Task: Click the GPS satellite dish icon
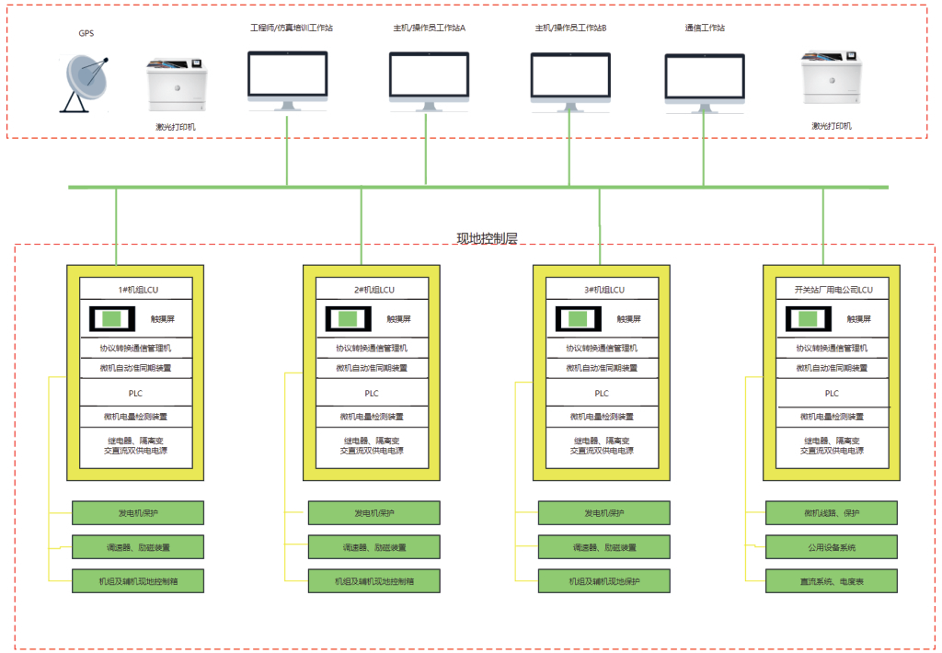(85, 83)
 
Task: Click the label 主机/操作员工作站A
(429, 28)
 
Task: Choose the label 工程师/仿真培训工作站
(292, 28)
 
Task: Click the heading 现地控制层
(487, 238)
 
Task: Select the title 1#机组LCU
(135, 290)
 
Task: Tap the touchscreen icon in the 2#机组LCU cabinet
(348, 319)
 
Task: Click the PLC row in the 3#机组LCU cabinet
(602, 394)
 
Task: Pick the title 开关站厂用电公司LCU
(833, 290)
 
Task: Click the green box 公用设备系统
(831, 547)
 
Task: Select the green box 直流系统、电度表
(831, 581)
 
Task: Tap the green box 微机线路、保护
(831, 513)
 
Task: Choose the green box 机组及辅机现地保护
(603, 581)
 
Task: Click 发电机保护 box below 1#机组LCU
(138, 513)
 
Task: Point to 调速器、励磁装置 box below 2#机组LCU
(373, 547)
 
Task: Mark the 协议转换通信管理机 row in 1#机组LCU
(135, 349)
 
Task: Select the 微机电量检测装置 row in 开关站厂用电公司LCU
(833, 417)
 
